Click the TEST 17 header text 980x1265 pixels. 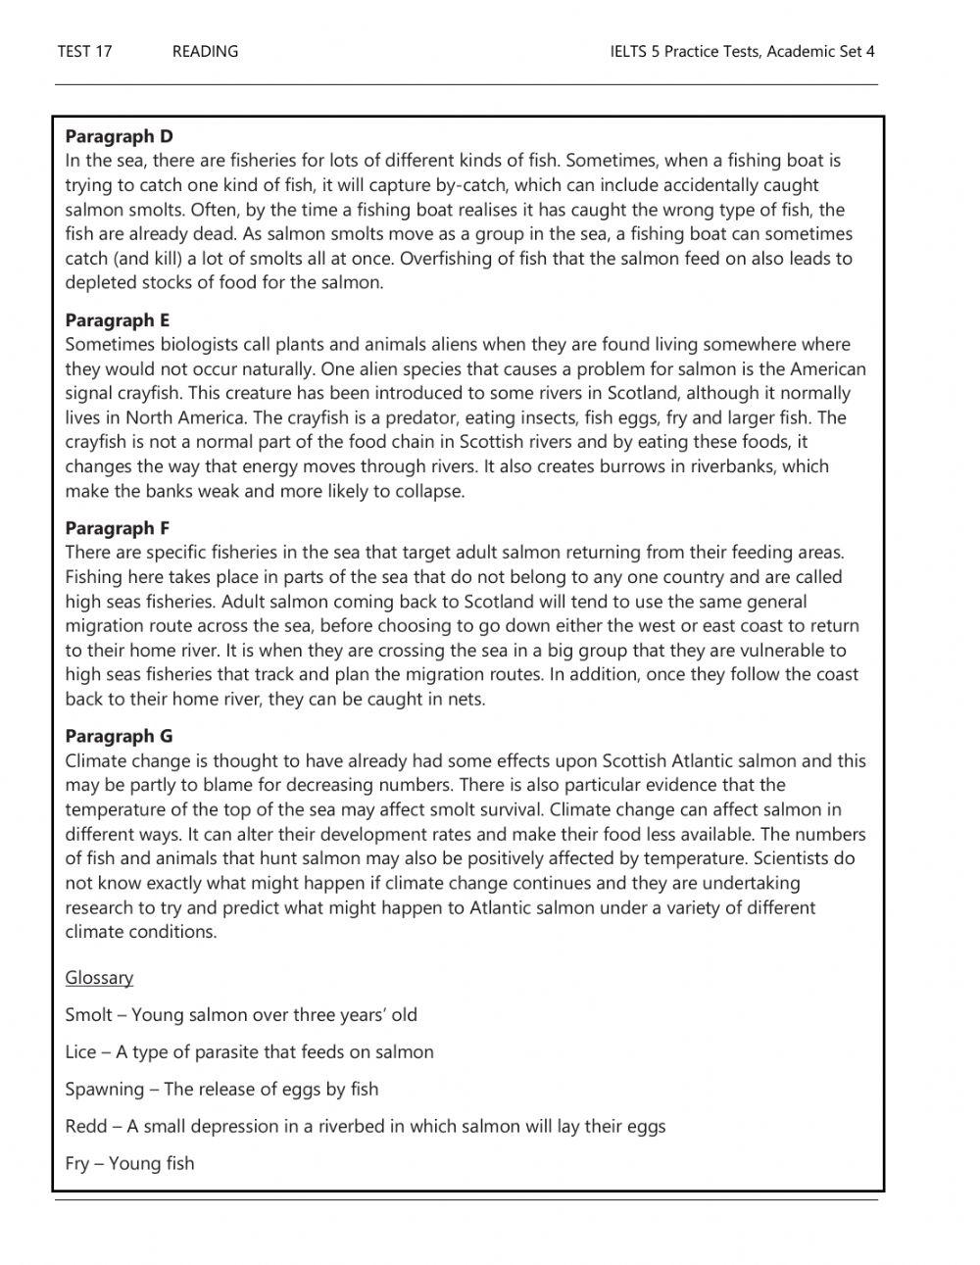click(x=84, y=51)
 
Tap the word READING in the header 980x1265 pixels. click(x=205, y=51)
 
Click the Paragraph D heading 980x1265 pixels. click(x=119, y=136)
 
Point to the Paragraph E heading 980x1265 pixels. click(x=118, y=320)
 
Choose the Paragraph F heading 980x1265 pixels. click(x=118, y=528)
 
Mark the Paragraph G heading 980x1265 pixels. click(x=119, y=736)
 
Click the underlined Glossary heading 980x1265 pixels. click(x=99, y=977)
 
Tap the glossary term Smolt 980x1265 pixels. click(x=88, y=1014)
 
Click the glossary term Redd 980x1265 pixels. click(x=85, y=1126)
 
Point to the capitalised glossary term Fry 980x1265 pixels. click(x=78, y=1163)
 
